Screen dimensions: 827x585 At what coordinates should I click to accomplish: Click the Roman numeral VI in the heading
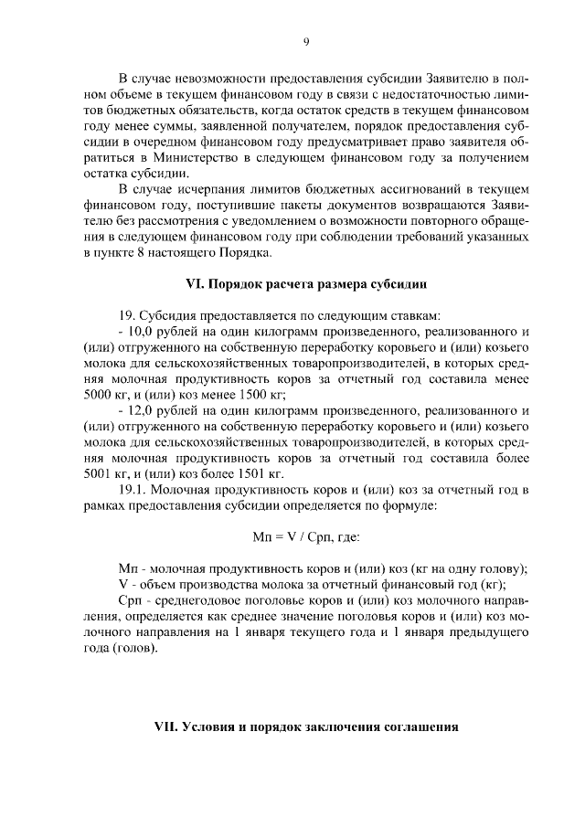tap(187, 281)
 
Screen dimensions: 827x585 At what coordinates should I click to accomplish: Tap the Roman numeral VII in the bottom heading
tap(167, 727)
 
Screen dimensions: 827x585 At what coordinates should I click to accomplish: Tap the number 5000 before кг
tap(97, 396)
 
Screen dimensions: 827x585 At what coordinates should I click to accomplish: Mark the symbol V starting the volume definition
tap(123, 586)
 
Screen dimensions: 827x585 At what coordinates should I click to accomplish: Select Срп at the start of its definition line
tap(131, 601)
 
